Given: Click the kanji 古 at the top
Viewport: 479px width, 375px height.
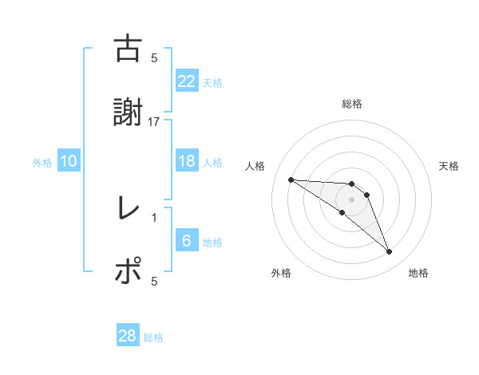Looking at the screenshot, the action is click(128, 49).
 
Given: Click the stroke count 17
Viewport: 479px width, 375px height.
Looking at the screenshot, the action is click(154, 121).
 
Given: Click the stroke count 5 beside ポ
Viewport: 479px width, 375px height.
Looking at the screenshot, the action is click(154, 281).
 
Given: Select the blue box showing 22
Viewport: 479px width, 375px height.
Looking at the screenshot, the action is click(186, 81).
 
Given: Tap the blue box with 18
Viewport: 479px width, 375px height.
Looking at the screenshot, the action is click(186, 161).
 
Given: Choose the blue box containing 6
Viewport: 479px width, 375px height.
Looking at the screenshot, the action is click(186, 242).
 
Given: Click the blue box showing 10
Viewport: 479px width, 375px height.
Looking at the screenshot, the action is click(69, 161).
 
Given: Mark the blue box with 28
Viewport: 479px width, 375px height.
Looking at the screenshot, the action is click(128, 336).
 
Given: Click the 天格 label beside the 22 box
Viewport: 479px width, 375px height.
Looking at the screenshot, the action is click(212, 82).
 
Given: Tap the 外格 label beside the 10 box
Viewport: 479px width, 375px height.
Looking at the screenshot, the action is click(42, 162).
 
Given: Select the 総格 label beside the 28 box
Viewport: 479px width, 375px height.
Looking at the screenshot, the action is click(153, 337).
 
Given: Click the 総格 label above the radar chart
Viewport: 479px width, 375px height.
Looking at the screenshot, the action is click(352, 104).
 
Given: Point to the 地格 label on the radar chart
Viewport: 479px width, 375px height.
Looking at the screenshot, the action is click(418, 274).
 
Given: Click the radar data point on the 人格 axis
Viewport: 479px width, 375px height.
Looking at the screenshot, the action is click(291, 180).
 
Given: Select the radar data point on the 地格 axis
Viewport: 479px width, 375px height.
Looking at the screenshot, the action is click(389, 252).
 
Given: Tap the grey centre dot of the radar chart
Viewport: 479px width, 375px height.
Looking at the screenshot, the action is click(351, 199).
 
